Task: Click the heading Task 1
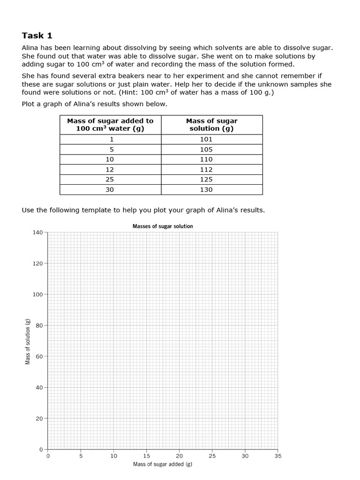(x=37, y=36)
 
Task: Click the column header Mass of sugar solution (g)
(x=212, y=125)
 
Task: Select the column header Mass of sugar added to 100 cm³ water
(x=111, y=125)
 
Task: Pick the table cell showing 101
(x=206, y=139)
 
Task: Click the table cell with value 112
(x=206, y=170)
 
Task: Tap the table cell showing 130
(x=206, y=190)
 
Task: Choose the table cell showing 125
(x=206, y=180)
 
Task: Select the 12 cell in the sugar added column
(x=110, y=170)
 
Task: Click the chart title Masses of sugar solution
(x=163, y=226)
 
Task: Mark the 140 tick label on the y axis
(x=38, y=232)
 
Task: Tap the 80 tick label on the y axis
(x=40, y=325)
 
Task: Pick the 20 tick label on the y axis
(x=40, y=418)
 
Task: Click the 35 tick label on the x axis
(x=278, y=456)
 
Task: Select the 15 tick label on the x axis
(x=146, y=456)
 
